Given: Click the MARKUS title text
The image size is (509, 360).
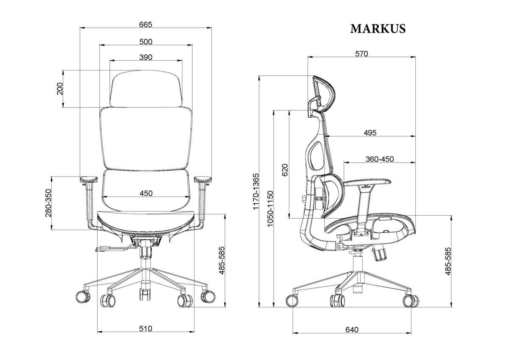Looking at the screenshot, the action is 378,28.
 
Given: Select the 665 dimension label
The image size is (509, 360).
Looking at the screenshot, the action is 145,24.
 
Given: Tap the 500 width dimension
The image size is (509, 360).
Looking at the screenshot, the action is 145,42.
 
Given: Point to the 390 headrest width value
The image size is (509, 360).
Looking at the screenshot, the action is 145,57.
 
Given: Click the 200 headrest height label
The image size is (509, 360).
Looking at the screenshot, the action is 59,88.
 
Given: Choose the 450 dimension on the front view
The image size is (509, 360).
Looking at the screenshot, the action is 146,193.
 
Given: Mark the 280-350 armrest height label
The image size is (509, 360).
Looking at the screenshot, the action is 49,203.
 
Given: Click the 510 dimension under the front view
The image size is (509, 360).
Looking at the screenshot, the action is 145,329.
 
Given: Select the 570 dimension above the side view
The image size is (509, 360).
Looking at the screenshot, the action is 361,53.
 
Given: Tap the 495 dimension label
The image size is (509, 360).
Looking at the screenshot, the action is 370,132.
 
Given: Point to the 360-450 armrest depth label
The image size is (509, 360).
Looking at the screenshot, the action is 380,159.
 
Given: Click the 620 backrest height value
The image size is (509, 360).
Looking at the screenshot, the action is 285,170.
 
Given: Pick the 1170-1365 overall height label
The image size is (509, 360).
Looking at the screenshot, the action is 256,191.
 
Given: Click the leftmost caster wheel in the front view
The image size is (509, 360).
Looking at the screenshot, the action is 83,296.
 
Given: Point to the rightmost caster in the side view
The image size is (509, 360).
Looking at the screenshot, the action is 411,301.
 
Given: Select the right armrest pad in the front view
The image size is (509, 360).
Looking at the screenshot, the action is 203,179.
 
